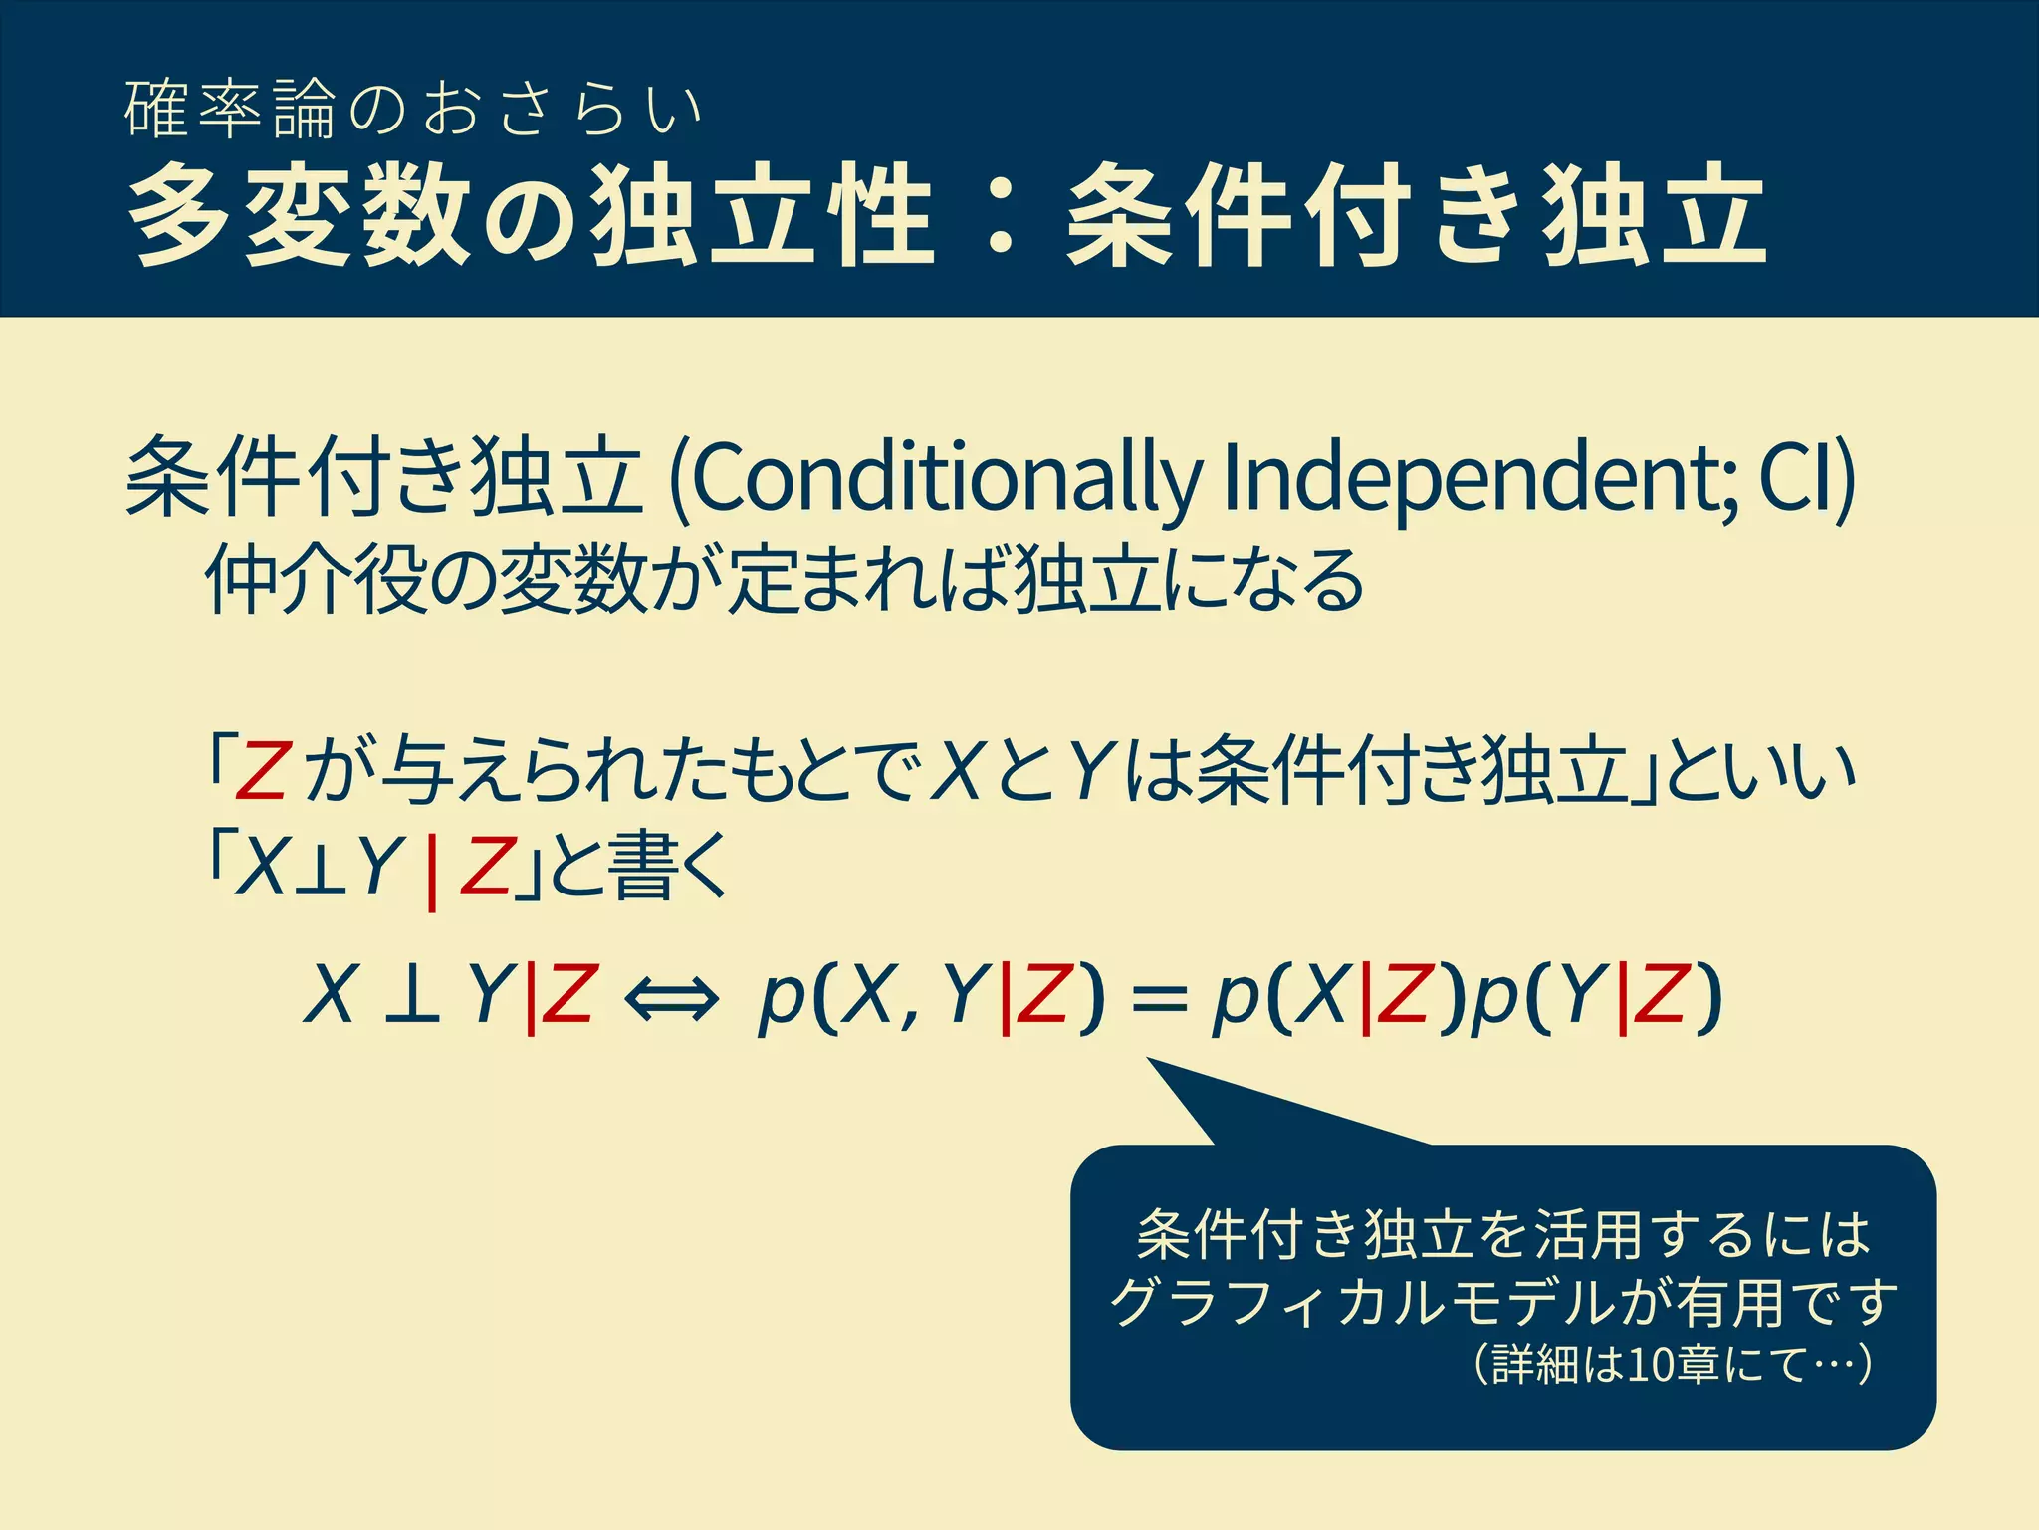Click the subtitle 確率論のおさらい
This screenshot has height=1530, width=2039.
tap(413, 110)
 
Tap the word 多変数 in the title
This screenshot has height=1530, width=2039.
tap(299, 216)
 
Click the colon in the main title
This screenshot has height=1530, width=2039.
tap(1000, 216)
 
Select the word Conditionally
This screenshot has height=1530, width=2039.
tap(946, 478)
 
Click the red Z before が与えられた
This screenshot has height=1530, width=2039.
tap(261, 772)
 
